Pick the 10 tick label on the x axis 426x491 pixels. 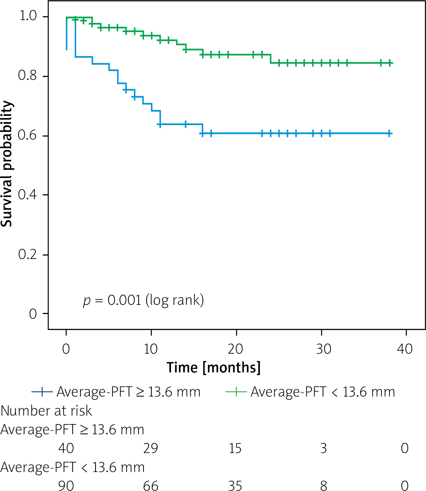pos(151,349)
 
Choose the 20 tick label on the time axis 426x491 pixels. pos(235,349)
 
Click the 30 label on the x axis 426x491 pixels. pos(324,349)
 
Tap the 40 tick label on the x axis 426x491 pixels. pos(405,349)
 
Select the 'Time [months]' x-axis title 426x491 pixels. pos(214,368)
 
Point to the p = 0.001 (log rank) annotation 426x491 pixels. pos(143,300)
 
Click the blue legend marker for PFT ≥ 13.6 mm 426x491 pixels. pos(42,392)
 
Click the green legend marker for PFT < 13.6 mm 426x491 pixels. pos(236,392)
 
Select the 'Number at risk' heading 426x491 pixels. pos(46,411)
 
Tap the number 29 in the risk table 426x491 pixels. pos(151,448)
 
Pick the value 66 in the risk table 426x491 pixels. pos(151,485)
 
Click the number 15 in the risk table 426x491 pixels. pos(235,448)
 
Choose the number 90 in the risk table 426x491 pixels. pos(66,485)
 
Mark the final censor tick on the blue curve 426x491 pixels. pos(389,134)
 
